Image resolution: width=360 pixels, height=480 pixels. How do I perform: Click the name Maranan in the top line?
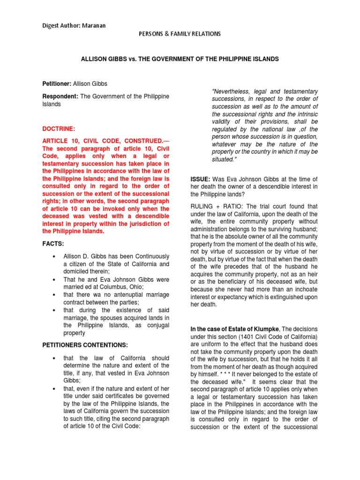pyautogui.click(x=94, y=25)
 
